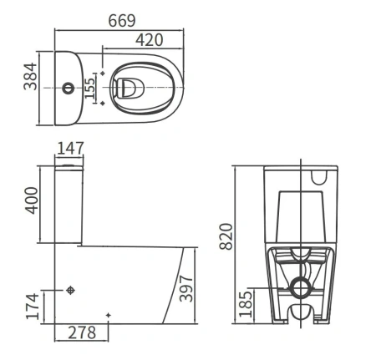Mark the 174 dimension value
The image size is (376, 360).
[30, 306]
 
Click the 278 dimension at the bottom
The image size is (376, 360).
[81, 332]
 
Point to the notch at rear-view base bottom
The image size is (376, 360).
[300, 315]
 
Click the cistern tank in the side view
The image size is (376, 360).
[69, 203]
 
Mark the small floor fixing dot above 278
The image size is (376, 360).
[109, 315]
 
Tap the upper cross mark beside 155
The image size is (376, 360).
[103, 74]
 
